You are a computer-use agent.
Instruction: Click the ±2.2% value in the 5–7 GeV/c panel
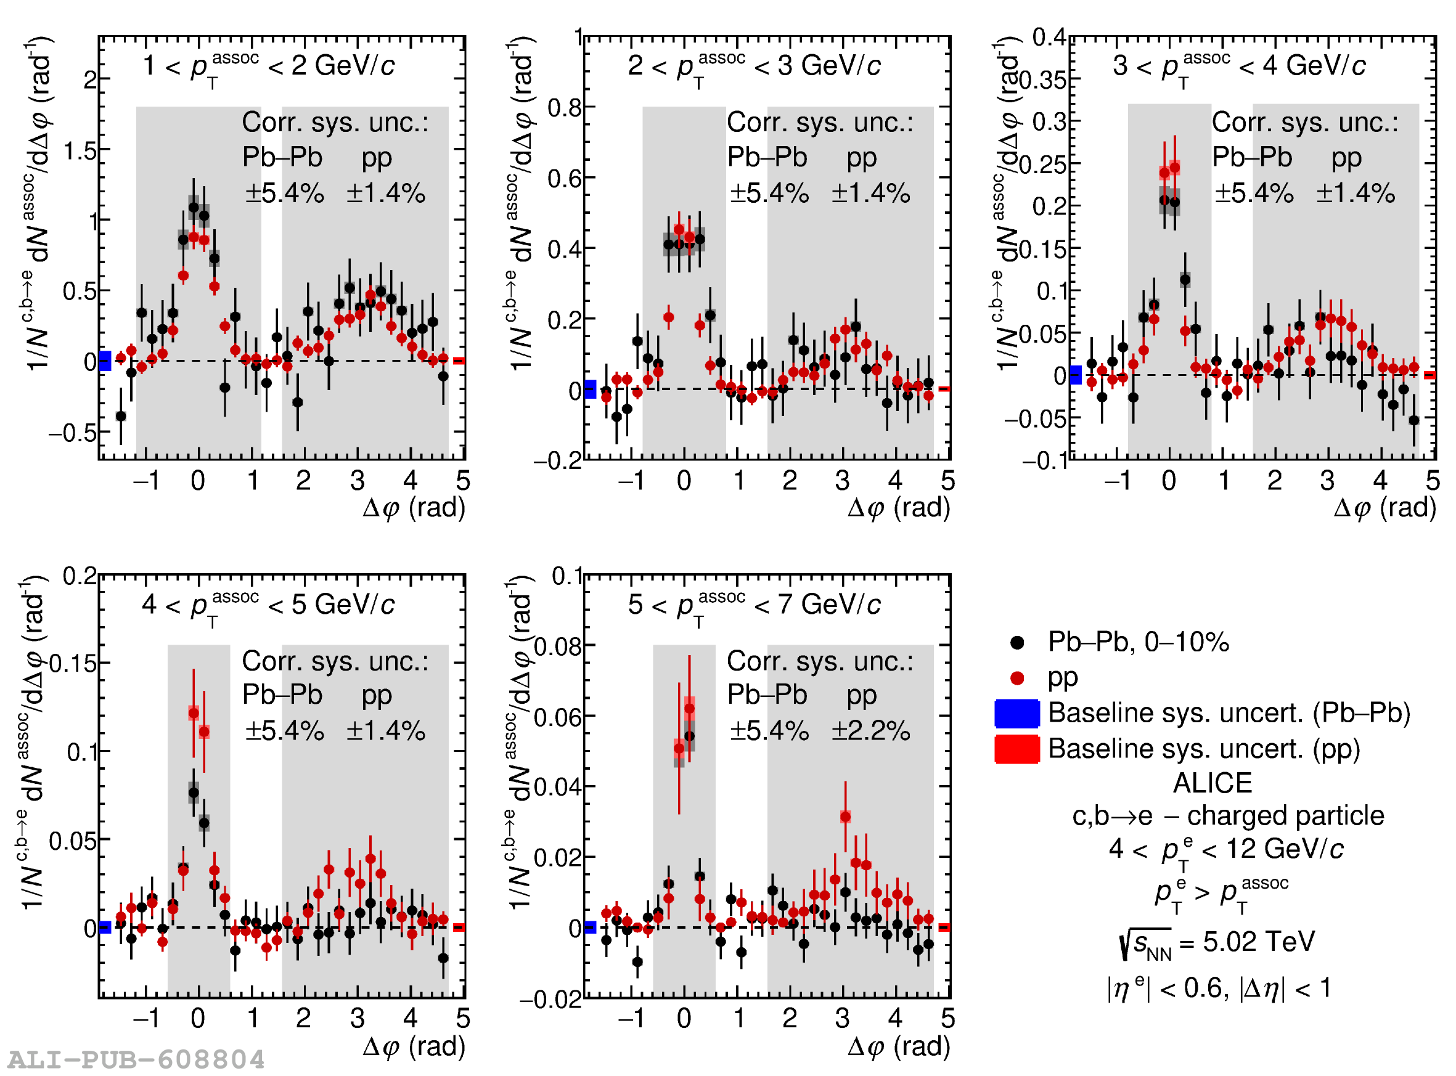pos(871,732)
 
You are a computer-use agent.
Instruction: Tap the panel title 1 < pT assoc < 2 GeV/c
pos(268,67)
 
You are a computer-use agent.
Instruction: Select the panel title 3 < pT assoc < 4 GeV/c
pos(1239,67)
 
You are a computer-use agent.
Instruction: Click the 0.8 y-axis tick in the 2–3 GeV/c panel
pos(564,107)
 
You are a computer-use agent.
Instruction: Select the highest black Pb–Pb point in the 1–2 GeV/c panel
pos(194,208)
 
